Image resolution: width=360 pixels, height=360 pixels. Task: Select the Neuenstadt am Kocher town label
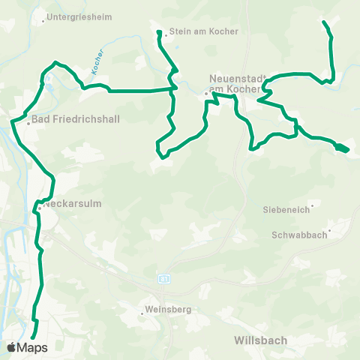(233, 83)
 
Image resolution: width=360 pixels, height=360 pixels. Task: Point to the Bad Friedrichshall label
(65, 118)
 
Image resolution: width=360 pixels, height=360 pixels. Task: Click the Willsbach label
(260, 340)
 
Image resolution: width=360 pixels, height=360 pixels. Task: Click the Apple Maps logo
(27, 347)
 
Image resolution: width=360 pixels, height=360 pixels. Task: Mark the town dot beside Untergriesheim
(43, 21)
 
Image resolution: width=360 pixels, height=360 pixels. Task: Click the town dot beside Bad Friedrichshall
(28, 123)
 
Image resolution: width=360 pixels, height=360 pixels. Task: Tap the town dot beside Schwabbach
(329, 230)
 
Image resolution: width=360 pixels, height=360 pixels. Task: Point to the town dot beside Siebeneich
(312, 204)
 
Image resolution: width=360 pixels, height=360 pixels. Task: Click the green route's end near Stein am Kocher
(159, 32)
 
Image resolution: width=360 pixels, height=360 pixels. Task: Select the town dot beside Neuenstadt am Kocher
(206, 93)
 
